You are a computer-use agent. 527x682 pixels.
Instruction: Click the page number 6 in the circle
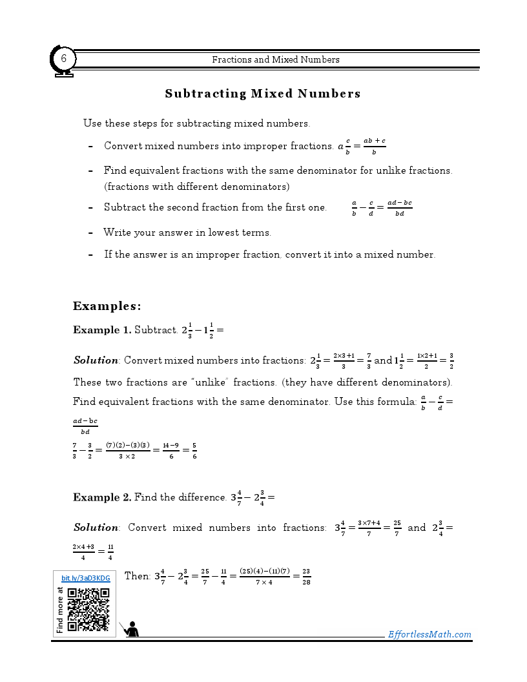click(64, 59)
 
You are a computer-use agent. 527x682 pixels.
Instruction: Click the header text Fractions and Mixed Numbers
click(276, 59)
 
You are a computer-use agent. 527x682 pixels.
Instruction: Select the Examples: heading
click(107, 306)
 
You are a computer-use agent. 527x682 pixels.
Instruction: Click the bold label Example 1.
click(101, 330)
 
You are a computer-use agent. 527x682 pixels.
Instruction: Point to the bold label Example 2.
click(101, 497)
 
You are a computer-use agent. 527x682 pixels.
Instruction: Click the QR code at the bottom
click(88, 610)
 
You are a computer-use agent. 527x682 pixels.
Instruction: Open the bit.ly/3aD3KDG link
click(86, 578)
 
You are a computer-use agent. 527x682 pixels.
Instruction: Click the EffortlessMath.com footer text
click(429, 634)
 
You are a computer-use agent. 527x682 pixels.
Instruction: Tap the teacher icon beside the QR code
click(131, 628)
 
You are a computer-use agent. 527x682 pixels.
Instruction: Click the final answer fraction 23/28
click(307, 576)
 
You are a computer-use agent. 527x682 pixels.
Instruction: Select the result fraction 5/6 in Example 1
click(194, 450)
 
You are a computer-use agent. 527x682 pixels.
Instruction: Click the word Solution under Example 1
click(96, 360)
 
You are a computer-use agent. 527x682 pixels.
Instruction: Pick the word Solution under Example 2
click(96, 528)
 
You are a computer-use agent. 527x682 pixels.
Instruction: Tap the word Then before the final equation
click(137, 575)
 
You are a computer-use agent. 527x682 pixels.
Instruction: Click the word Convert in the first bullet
click(123, 146)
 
